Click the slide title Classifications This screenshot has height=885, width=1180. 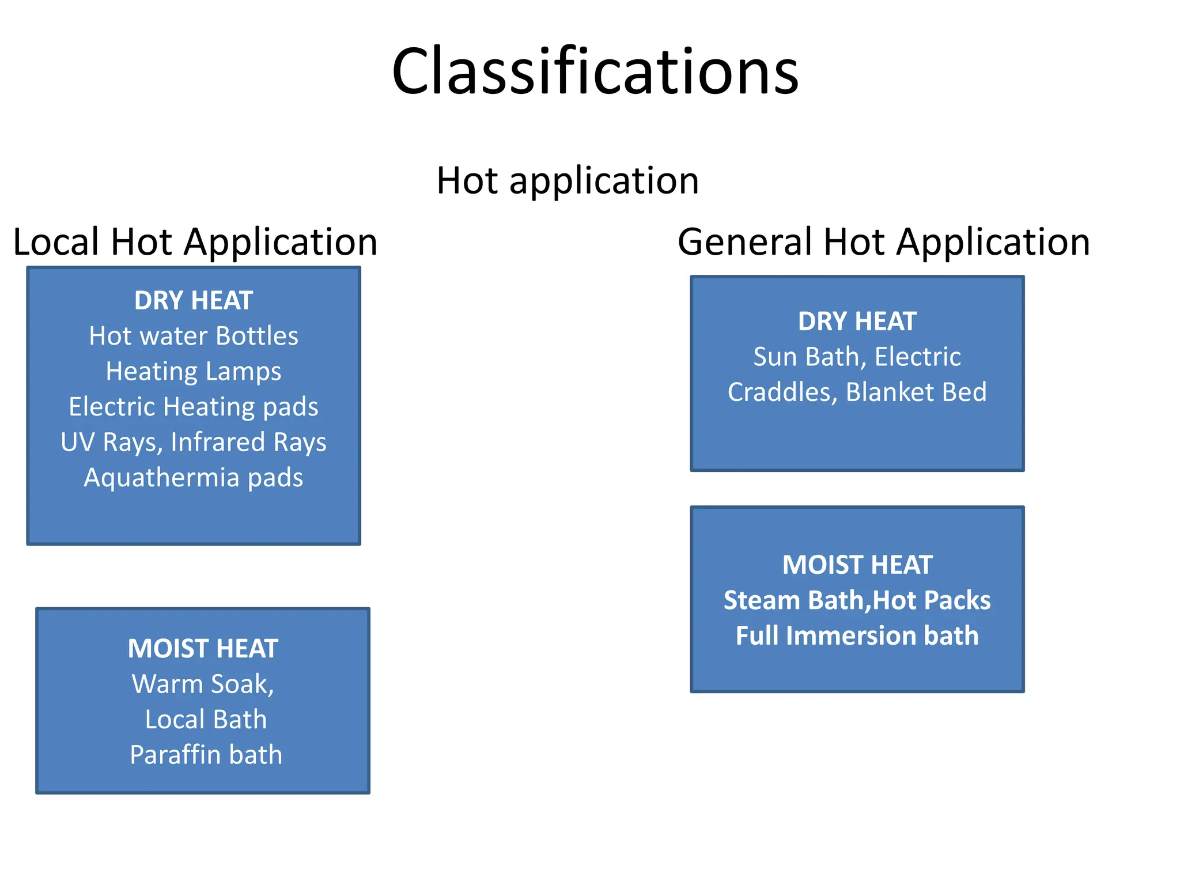coord(595,71)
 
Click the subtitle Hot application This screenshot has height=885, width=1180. coord(568,180)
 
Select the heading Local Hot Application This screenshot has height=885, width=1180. coord(195,241)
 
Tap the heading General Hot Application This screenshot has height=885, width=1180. coord(883,241)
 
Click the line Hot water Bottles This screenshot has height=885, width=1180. coord(194,336)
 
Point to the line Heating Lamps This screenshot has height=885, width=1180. coord(194,371)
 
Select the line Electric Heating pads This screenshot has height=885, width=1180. coord(194,407)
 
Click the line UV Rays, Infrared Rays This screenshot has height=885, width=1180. coord(194,442)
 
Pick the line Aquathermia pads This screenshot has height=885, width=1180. coord(194,478)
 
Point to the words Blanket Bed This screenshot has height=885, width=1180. coord(916,392)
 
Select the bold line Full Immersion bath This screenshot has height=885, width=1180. coord(857,636)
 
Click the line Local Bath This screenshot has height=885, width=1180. coord(206,720)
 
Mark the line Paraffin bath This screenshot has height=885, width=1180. coord(206,755)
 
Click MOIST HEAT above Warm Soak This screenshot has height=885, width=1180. coord(203,649)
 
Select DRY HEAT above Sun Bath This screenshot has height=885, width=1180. coord(857,322)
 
